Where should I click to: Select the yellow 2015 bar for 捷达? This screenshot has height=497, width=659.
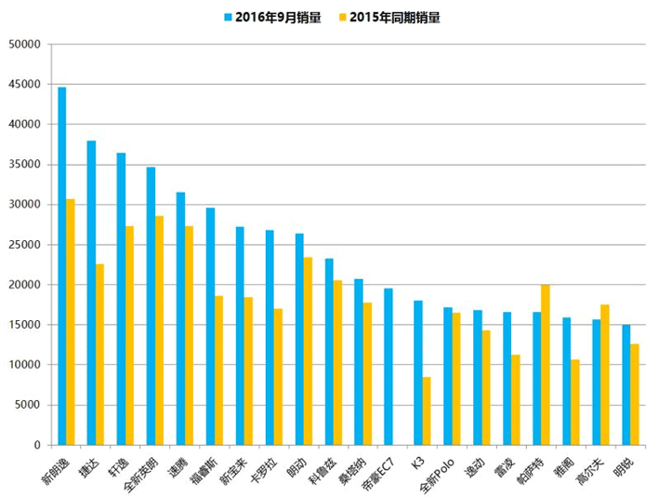(100, 355)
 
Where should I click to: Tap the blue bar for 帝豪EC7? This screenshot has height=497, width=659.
(389, 367)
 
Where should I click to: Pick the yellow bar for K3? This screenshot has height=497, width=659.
(427, 410)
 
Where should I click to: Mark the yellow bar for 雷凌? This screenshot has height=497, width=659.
(516, 399)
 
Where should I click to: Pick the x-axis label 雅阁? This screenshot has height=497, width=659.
(563, 464)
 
